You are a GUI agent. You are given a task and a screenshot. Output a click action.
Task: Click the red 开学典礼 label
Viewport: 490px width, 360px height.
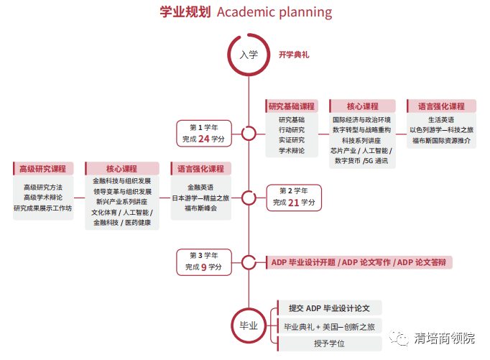294,55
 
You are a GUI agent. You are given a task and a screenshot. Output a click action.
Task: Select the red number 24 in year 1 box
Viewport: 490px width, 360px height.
204,139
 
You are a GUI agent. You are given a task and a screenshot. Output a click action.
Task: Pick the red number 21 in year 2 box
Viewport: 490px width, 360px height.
294,203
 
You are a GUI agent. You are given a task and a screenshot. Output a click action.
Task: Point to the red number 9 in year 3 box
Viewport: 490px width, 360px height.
204,267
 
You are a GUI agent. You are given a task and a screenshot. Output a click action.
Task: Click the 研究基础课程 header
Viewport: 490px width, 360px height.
292,106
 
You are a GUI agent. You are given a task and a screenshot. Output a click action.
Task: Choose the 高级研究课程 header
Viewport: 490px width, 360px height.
43,169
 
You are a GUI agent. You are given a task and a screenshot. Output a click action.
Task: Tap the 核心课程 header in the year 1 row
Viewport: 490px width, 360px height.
363,106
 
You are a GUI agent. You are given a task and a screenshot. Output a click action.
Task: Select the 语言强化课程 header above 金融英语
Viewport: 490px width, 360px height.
201,169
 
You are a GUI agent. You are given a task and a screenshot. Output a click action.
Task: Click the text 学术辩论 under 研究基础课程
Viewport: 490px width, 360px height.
292,151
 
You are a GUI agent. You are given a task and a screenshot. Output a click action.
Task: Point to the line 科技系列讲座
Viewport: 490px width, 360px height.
361,140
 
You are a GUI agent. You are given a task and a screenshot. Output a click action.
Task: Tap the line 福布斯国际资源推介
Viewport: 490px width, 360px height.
441,141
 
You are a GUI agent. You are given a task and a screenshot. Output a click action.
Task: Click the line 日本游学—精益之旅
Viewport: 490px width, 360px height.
200,198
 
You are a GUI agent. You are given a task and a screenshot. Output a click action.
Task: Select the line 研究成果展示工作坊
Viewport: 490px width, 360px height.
43,208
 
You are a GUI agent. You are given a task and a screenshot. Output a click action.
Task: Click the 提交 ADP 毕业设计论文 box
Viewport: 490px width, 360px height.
329,308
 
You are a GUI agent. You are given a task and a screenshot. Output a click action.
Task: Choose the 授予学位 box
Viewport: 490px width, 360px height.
329,343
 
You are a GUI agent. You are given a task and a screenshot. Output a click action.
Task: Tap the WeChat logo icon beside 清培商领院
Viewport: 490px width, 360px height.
399,338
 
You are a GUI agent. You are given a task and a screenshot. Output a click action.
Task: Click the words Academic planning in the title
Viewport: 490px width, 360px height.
274,12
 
